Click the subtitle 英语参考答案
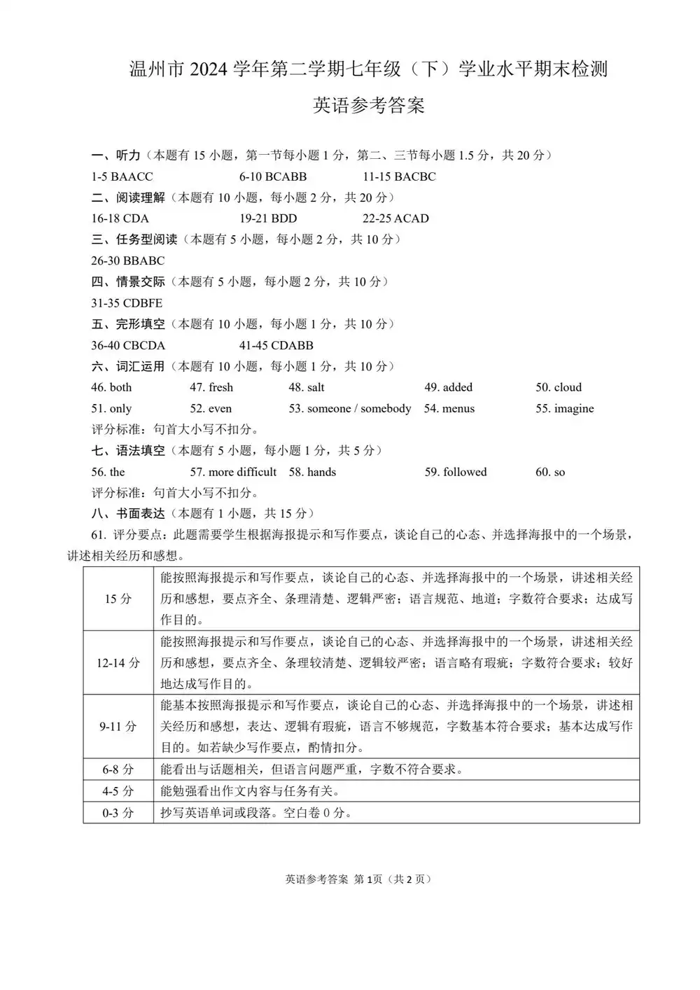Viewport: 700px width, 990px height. (368, 106)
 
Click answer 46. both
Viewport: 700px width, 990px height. (111, 387)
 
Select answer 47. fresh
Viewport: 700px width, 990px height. (211, 387)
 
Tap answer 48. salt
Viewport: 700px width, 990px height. (307, 387)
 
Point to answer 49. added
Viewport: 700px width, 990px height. (448, 387)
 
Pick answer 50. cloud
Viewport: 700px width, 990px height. (559, 387)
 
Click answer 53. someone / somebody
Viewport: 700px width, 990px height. (349, 408)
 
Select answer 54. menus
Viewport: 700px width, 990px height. (449, 408)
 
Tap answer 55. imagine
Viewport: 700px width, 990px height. (564, 408)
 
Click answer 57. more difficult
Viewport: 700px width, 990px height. (233, 472)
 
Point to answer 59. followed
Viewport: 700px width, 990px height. (455, 472)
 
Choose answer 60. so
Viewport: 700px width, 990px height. (550, 472)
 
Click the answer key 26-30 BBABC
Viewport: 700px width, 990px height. (128, 260)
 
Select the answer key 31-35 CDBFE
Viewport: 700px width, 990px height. (127, 303)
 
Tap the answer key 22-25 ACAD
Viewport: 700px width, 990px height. (395, 218)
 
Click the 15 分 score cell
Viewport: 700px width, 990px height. (118, 599)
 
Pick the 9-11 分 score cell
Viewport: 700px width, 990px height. (118, 727)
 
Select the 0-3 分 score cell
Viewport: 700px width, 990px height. (118, 813)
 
